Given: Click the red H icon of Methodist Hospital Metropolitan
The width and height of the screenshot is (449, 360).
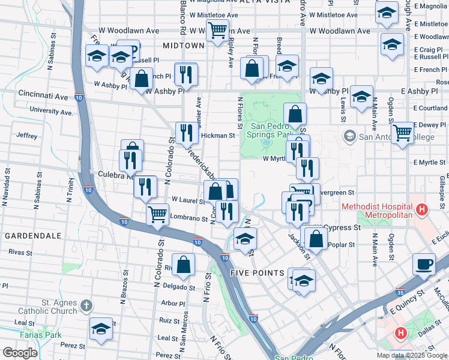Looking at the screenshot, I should [x=423, y=211].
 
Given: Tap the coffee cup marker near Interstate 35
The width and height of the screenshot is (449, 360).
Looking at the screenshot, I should [x=424, y=264].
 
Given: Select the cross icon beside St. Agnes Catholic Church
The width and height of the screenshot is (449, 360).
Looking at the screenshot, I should [x=86, y=306].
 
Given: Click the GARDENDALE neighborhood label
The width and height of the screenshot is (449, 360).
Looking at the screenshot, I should [x=29, y=236].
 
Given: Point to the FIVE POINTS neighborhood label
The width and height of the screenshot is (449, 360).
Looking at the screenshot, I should [x=257, y=273].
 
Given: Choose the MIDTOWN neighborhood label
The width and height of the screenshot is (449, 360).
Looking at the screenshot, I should [x=183, y=46].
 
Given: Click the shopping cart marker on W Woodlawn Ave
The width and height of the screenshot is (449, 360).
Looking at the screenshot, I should [x=217, y=29].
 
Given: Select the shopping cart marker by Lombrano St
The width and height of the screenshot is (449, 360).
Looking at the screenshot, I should [x=157, y=213].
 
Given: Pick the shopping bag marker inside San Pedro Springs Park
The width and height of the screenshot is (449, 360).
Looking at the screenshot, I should [x=295, y=113].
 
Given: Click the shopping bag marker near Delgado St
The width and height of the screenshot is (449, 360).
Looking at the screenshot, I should [x=185, y=264].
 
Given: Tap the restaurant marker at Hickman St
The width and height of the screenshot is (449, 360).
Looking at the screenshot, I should [x=187, y=133].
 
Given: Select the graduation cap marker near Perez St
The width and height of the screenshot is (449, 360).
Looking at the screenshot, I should [x=101, y=328].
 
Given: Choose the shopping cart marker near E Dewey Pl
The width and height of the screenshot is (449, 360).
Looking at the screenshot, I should [x=402, y=132].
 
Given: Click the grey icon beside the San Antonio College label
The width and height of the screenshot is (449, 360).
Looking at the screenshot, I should [x=349, y=137].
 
